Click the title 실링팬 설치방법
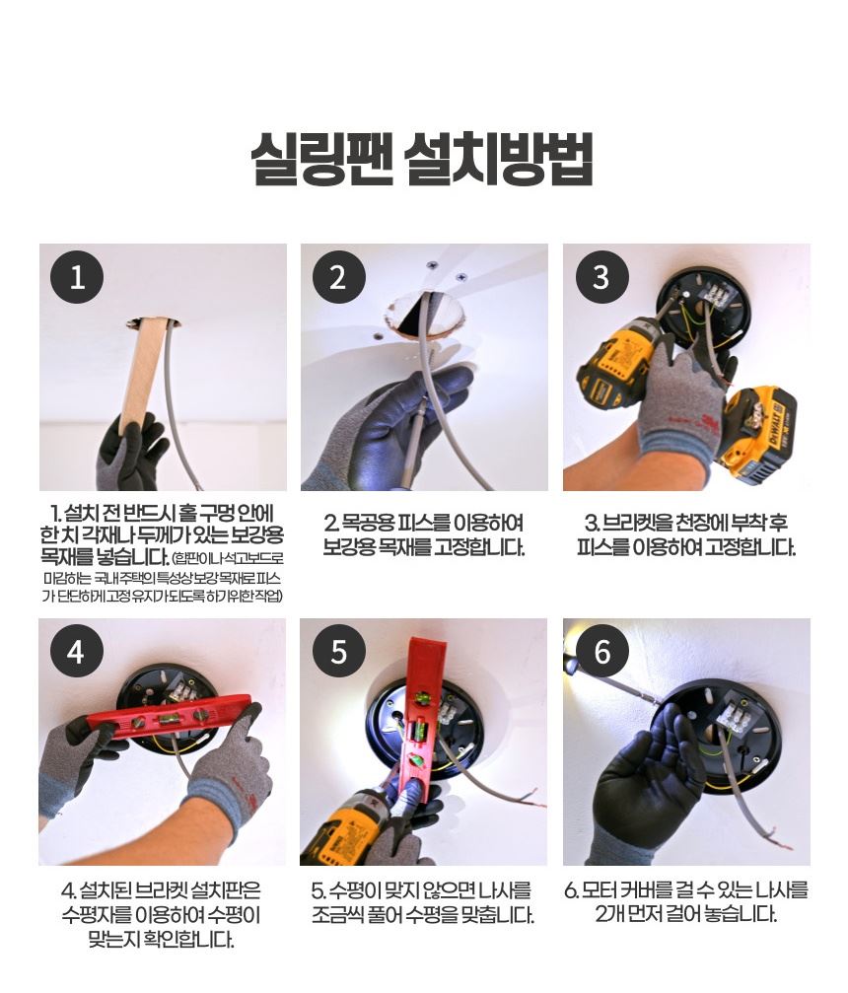(x=422, y=159)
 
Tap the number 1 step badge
(x=77, y=277)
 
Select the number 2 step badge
(x=338, y=277)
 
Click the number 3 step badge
(x=601, y=277)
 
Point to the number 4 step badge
(x=76, y=652)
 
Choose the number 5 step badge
(x=338, y=652)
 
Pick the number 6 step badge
(x=601, y=652)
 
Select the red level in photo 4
(x=168, y=719)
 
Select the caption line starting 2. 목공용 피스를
(x=424, y=523)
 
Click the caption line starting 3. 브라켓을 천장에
(x=686, y=523)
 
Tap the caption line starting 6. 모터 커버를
(x=686, y=890)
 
